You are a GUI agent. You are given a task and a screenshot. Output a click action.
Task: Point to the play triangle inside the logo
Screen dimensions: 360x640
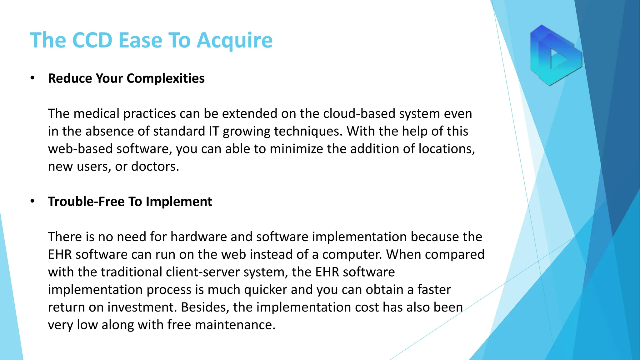point(559,58)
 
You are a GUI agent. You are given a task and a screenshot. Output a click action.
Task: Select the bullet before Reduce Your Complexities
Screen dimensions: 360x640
point(32,78)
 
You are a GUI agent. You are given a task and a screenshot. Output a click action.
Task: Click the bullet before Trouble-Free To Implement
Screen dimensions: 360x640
point(32,201)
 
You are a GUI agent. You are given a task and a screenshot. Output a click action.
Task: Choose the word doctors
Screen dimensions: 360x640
point(155,166)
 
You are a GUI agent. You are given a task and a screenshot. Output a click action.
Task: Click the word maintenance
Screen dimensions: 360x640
point(235,325)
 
